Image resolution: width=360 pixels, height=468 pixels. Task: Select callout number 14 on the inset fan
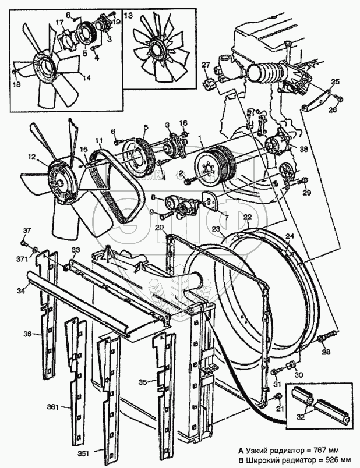[x=86, y=76]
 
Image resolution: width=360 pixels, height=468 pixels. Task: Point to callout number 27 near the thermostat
[x=205, y=64]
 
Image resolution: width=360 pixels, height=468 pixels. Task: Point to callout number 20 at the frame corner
[x=159, y=228]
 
